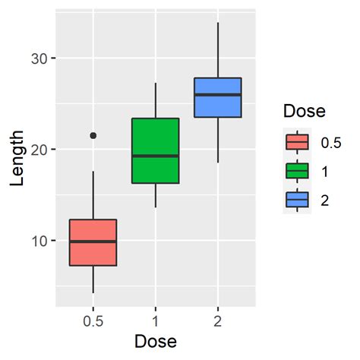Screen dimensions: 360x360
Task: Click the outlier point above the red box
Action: (x=93, y=135)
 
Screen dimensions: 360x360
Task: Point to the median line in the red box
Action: (x=93, y=242)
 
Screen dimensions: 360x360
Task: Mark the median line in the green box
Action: (x=155, y=156)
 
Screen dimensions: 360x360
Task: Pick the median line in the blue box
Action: (x=218, y=95)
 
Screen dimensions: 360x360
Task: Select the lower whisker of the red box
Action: (x=93, y=279)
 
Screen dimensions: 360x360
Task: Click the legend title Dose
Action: (x=304, y=111)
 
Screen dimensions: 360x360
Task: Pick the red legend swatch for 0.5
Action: (x=297, y=141)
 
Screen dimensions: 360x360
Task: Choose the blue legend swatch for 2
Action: (x=297, y=199)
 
